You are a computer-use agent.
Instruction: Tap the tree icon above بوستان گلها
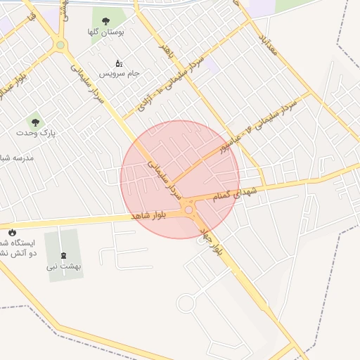[106, 21]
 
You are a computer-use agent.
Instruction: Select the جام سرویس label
[120, 73]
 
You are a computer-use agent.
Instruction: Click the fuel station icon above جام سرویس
[118, 63]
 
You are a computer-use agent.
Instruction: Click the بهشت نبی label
[64, 266]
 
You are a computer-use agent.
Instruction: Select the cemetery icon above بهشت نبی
[64, 255]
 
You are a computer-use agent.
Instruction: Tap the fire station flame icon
[12, 232]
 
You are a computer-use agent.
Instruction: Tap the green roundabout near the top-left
[61, 46]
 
